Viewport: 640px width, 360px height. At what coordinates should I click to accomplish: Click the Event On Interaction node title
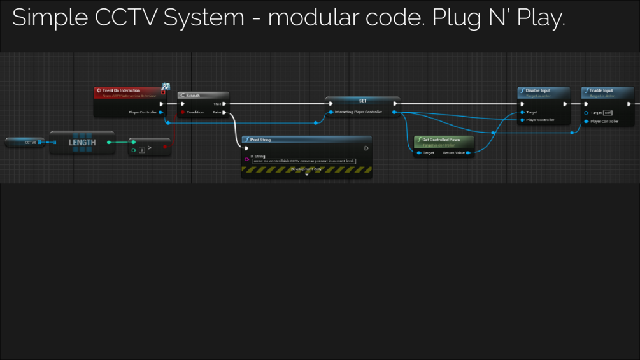121,90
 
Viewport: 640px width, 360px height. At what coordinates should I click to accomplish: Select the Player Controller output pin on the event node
160,112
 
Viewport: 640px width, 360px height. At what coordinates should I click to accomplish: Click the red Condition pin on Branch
183,112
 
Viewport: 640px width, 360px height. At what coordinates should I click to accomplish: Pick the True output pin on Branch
224,104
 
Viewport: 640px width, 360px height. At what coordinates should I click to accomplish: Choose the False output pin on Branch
224,112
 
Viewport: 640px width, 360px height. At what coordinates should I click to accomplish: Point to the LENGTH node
82,143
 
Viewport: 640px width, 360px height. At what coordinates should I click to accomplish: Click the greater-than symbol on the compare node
150,148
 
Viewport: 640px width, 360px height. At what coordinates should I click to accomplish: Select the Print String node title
260,140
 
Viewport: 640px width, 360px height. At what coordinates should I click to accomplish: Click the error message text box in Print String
304,161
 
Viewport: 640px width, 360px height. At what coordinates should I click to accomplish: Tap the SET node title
363,101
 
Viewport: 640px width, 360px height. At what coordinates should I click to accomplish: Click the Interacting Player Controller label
359,112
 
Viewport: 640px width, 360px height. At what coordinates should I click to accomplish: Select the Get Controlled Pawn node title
441,140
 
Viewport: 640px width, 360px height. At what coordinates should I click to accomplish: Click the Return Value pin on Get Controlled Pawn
468,153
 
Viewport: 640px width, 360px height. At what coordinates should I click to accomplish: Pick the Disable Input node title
538,90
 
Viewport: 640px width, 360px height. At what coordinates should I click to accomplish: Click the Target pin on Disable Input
523,112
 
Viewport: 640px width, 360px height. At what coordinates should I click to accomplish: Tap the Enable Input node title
601,90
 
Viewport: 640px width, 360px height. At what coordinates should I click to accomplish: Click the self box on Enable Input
608,113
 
